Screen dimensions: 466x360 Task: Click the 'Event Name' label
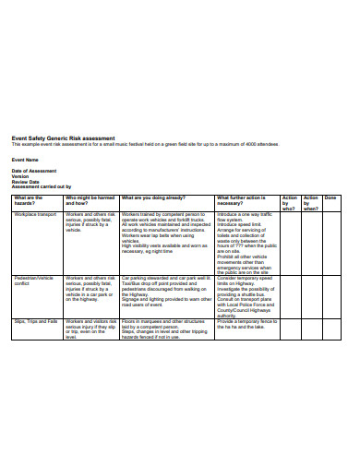(25, 160)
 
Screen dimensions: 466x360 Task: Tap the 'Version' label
(20, 177)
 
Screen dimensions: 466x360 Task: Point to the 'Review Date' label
(26, 182)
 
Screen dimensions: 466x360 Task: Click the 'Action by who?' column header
(290, 203)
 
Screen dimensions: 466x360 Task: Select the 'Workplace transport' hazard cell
(35, 213)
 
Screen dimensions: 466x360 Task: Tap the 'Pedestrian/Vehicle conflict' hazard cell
(33, 281)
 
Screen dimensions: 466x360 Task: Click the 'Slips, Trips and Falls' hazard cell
(35, 321)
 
